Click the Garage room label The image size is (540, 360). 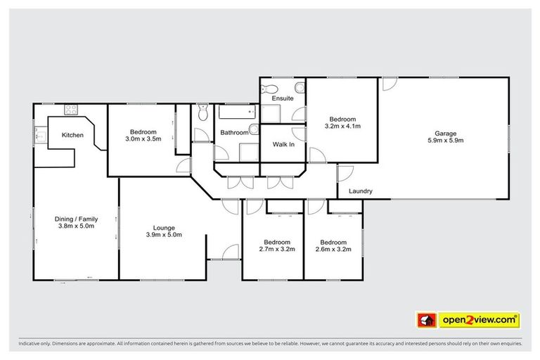(445, 134)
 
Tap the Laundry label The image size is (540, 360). (360, 191)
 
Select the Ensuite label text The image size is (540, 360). (283, 98)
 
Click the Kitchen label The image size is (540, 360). (72, 135)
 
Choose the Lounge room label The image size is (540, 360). (164, 227)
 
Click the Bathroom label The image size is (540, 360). (234, 132)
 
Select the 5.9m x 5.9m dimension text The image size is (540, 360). (445, 141)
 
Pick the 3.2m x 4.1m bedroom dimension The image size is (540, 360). (342, 127)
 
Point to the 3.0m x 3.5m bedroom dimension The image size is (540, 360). (143, 139)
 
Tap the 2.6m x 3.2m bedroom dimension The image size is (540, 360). (333, 249)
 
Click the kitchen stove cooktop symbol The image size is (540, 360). (71, 110)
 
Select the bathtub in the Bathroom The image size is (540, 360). (236, 112)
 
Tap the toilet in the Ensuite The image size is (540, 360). (268, 89)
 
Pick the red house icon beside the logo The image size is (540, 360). (426, 320)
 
